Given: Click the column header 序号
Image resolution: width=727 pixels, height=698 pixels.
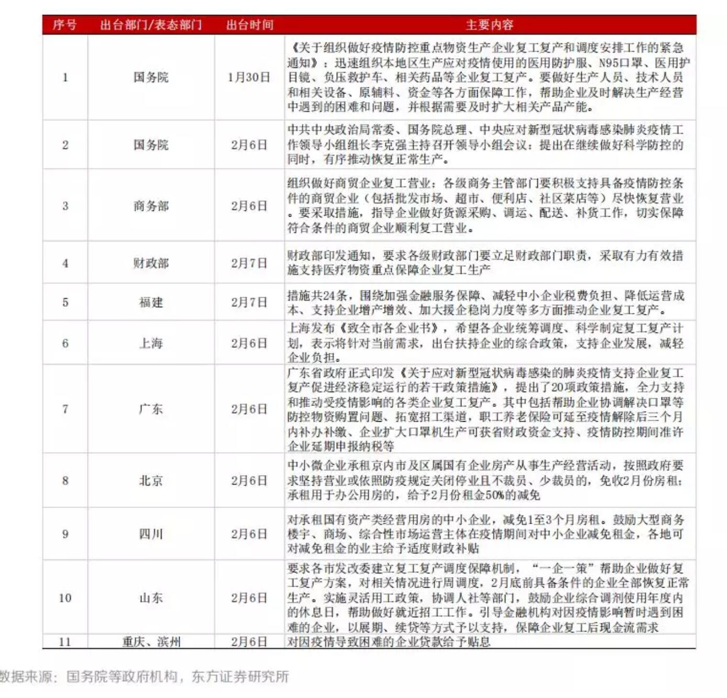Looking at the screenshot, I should click(64, 25).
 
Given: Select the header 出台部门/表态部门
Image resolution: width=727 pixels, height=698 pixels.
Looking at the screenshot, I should click(151, 25).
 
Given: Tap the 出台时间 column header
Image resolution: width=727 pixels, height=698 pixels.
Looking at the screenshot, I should click(249, 25).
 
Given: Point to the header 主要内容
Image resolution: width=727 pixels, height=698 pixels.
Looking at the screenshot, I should click(489, 25).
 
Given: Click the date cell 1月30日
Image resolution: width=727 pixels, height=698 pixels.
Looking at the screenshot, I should click(249, 77).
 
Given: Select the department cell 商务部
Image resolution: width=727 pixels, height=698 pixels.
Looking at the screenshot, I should click(151, 206).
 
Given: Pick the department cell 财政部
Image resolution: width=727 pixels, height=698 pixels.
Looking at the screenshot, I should click(151, 263).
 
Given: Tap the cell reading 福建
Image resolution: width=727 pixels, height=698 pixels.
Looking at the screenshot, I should click(151, 302).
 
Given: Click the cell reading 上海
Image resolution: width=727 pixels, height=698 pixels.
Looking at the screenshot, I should click(151, 343).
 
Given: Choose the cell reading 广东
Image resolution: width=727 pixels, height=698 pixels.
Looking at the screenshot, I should click(151, 409).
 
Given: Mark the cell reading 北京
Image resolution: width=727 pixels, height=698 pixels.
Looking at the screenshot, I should click(151, 480).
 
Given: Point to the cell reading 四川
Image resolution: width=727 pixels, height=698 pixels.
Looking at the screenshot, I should click(151, 534).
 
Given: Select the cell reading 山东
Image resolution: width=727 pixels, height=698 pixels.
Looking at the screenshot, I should click(151, 598).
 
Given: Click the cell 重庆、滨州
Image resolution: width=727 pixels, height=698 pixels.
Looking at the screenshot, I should click(151, 641).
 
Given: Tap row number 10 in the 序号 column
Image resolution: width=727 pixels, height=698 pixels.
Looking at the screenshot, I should click(65, 598).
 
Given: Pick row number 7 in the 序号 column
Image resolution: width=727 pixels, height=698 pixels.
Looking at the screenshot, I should click(65, 409).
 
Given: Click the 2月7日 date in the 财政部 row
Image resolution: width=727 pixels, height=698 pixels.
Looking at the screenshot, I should click(249, 263).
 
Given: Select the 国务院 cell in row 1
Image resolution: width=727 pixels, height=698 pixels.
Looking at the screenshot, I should click(151, 77).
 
